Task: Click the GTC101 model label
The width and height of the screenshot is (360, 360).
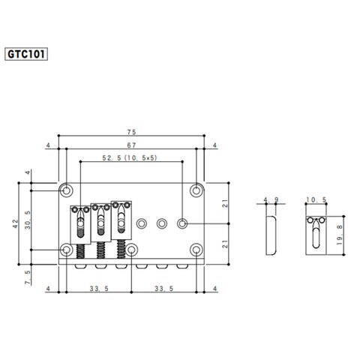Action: coord(26,54)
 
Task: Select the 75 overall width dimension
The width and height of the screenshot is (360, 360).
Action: coord(131,132)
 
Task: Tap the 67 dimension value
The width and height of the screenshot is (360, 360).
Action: coord(131,145)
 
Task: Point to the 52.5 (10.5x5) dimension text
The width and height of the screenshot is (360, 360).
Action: coord(130,158)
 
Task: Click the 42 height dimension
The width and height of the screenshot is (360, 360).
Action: coord(16,223)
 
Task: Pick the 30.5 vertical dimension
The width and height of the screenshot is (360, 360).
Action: coord(28,220)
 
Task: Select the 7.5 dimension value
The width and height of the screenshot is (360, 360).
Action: coord(28,277)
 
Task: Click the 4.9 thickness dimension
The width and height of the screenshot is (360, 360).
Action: coord(271,199)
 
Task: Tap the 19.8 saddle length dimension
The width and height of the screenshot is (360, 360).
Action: coord(340,235)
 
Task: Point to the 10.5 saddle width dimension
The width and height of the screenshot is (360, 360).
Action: coord(316,199)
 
